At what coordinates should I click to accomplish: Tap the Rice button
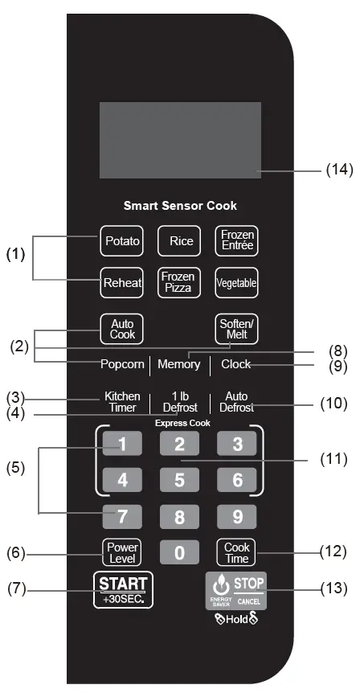[180, 240]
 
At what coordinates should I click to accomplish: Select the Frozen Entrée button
[236, 240]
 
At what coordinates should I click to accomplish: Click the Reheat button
[123, 282]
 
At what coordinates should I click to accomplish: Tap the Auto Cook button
[123, 328]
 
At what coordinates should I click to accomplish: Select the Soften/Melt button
[236, 328]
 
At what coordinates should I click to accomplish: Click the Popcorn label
[123, 364]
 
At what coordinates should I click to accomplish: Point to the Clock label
[236, 364]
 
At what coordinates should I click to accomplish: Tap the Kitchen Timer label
[123, 402]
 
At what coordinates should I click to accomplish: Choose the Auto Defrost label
[236, 402]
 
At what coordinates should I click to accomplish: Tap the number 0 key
[180, 553]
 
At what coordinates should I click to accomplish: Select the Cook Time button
[236, 552]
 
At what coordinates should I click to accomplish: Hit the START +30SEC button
[123, 589]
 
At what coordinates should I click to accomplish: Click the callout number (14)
[338, 170]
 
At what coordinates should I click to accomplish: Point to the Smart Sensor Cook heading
[180, 206]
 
